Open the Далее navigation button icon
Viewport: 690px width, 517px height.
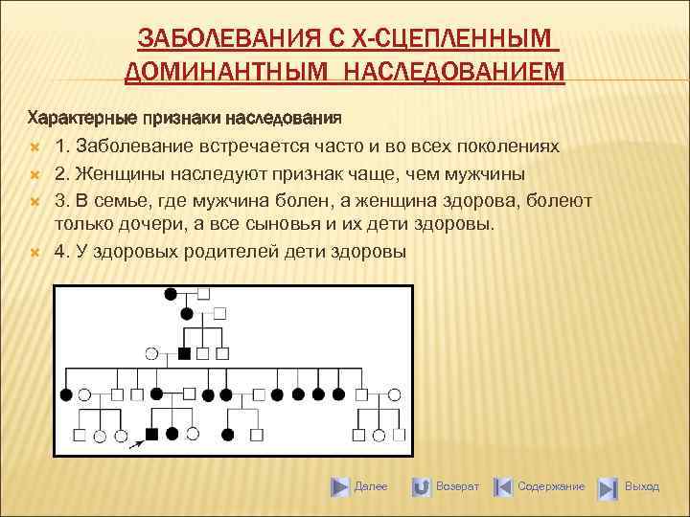coord(340,487)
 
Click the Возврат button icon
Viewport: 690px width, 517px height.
coord(421,487)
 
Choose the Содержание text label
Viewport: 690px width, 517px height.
coord(551,487)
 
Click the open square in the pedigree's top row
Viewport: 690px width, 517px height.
coord(203,295)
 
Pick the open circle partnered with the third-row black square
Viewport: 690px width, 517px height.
coord(150,352)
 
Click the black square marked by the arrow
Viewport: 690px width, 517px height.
coord(151,434)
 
